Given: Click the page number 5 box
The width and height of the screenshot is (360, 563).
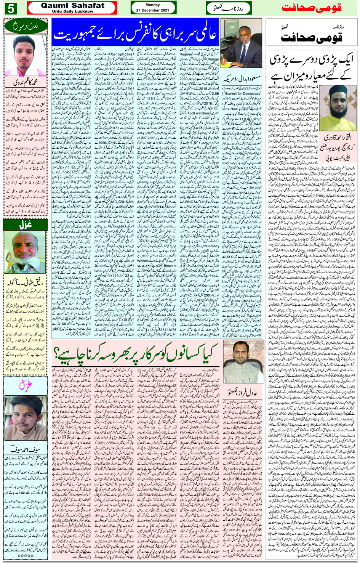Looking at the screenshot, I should click(x=11, y=8).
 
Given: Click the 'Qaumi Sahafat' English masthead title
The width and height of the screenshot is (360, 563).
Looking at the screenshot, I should click(x=72, y=5).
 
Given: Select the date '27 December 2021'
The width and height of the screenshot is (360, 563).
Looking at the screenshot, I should click(x=153, y=10).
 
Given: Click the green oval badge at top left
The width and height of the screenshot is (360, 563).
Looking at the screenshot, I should click(x=25, y=26).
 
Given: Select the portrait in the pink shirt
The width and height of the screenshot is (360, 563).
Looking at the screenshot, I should click(x=25, y=55).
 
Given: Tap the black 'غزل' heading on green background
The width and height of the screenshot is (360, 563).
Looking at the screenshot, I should click(x=25, y=225).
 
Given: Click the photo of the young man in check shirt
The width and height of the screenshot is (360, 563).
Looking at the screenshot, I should click(x=25, y=417).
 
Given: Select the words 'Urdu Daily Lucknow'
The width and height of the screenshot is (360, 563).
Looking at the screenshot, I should click(x=72, y=11).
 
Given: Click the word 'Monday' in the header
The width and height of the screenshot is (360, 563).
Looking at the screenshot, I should click(x=153, y=5).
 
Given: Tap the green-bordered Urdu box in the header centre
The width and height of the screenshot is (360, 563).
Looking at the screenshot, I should click(x=228, y=8).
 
